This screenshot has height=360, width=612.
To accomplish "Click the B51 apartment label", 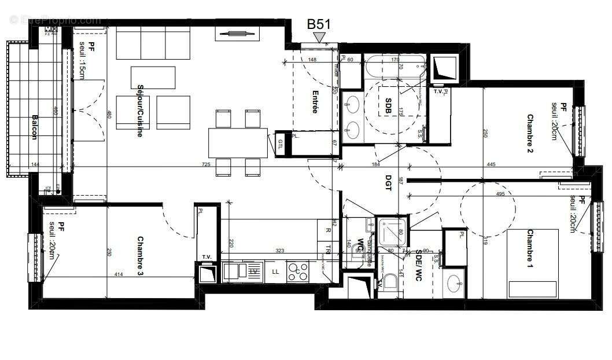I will point(319,24).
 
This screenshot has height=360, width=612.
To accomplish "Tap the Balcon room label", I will point(34,127).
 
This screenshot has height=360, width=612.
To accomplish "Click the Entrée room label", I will point(315,101).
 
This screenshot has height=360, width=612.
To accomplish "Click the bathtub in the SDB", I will point(395,67).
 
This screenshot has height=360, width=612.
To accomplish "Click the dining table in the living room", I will point(239,142).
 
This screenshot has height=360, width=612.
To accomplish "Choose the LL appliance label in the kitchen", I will point(275,271).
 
